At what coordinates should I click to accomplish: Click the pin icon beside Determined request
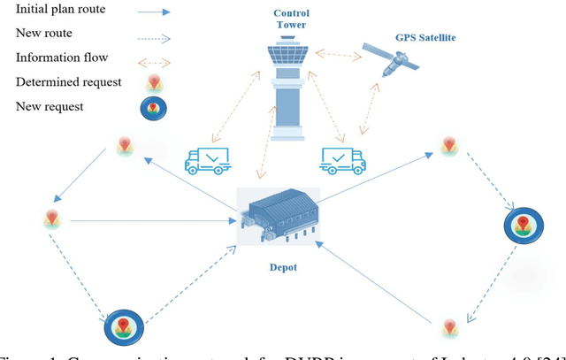coord(155,84)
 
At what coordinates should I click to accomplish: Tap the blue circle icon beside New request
coord(155,109)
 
